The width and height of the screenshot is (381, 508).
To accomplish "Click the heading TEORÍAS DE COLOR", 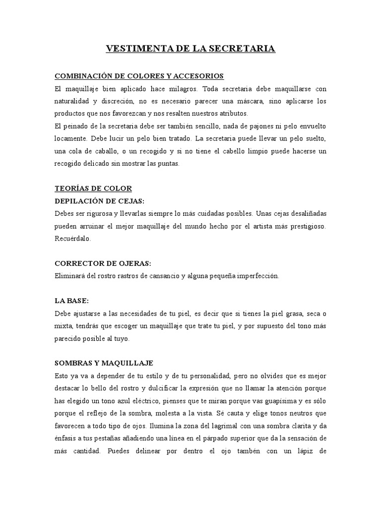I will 93,189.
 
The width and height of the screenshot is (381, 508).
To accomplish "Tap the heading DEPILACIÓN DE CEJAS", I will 99,201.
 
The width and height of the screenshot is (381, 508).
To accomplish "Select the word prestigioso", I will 306,226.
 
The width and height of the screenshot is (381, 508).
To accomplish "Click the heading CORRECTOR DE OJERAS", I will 103,263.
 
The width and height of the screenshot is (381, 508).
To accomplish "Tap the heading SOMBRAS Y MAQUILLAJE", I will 104,363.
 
